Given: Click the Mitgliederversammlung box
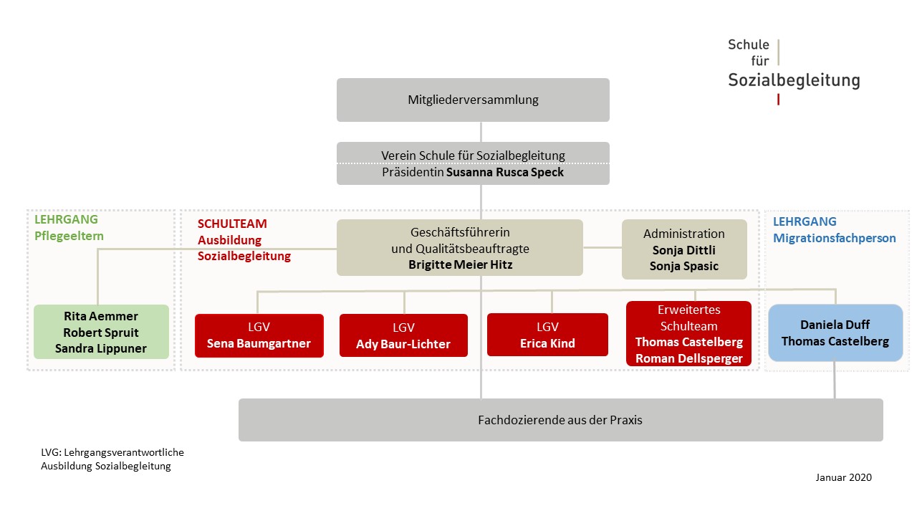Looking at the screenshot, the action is click(473, 100).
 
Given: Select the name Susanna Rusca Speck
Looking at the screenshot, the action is click(505, 173).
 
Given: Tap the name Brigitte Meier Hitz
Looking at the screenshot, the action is click(460, 264).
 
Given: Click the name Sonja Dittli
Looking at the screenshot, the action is click(683, 250).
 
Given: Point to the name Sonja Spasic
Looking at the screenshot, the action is click(683, 266).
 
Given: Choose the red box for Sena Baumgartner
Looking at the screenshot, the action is click(259, 335).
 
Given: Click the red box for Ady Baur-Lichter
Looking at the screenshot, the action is click(403, 335).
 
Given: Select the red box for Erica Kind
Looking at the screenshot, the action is click(547, 335).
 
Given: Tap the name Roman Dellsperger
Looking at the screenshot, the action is click(689, 359).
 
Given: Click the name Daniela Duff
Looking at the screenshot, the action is click(835, 325).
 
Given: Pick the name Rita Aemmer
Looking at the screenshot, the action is click(101, 316).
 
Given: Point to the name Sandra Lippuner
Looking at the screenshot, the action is click(101, 348).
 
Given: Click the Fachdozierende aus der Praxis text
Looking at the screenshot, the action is click(560, 420).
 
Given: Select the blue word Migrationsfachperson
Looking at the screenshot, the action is click(834, 239).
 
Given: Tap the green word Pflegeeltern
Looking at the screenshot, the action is click(69, 236).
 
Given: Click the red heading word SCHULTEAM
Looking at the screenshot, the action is click(232, 224).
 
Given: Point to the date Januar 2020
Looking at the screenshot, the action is click(843, 477).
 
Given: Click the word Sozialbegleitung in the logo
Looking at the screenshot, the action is click(794, 80).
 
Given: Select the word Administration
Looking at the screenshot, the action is click(683, 234).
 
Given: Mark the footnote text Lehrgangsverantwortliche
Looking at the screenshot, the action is click(124, 452).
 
